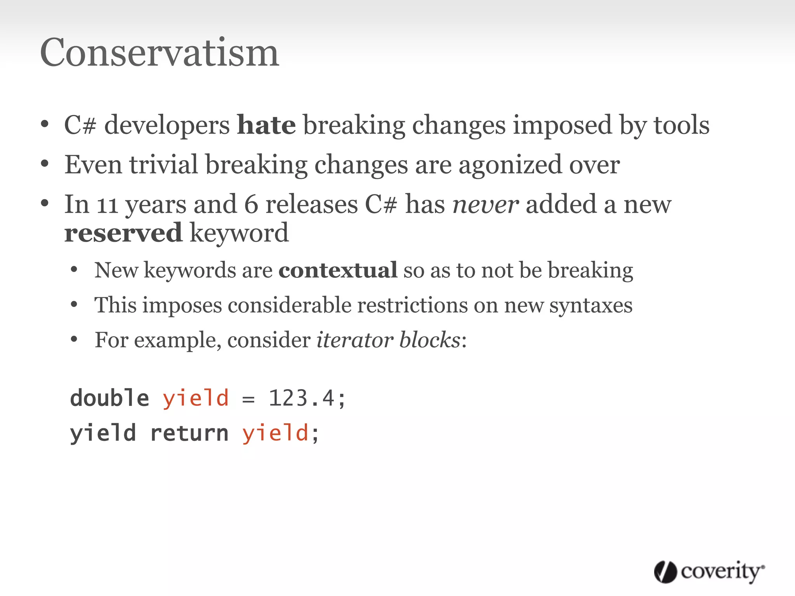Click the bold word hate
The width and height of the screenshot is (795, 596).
pos(266,125)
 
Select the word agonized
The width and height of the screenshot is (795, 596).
pos(510,165)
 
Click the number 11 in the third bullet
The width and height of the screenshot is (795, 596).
pos(107,205)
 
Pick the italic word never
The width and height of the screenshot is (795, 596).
pos(485,205)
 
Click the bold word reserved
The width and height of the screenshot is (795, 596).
pos(123,233)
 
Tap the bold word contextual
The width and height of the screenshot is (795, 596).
pos(338,270)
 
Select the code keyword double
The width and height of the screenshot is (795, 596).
pos(109,398)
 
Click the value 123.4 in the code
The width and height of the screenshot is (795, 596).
pos(302,398)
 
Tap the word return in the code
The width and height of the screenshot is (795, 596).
pos(189,433)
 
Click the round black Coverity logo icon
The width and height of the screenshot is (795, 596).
pos(665,572)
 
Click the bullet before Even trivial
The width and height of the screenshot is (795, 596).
pos(45,164)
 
